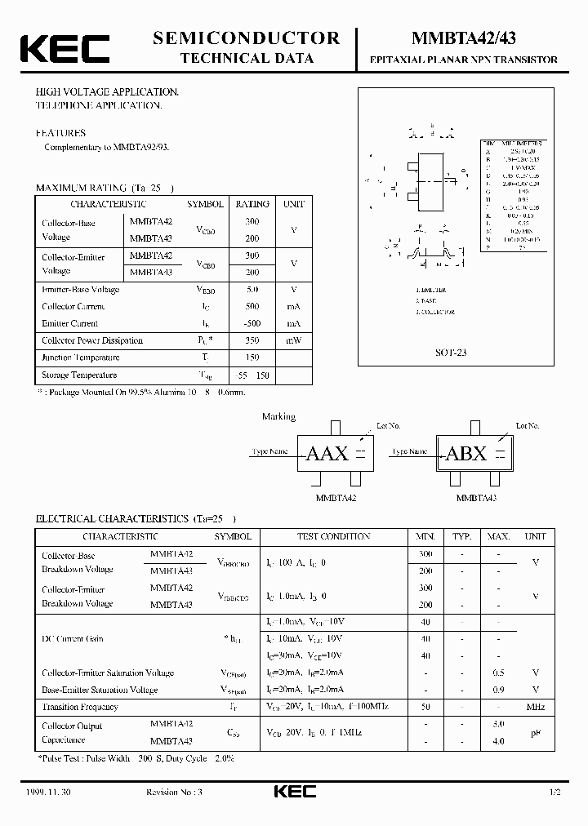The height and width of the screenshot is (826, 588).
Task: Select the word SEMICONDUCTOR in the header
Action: tap(246, 38)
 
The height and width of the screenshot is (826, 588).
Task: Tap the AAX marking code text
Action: tap(327, 454)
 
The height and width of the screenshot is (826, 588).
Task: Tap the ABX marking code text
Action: tap(466, 454)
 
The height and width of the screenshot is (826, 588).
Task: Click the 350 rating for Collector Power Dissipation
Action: tap(252, 340)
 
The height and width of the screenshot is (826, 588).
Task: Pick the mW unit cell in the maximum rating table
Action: tap(293, 340)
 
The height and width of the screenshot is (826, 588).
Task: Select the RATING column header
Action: tap(252, 204)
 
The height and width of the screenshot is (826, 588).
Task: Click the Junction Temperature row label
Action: tap(80, 357)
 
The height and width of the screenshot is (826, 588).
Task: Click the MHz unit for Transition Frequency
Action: tap(535, 707)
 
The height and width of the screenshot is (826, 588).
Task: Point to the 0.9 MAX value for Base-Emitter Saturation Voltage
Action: tap(498, 690)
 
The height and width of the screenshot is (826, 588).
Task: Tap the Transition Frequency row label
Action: tap(80, 707)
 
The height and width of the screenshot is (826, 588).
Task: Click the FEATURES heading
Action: tap(60, 132)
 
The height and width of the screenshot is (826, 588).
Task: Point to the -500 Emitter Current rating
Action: tap(252, 323)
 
